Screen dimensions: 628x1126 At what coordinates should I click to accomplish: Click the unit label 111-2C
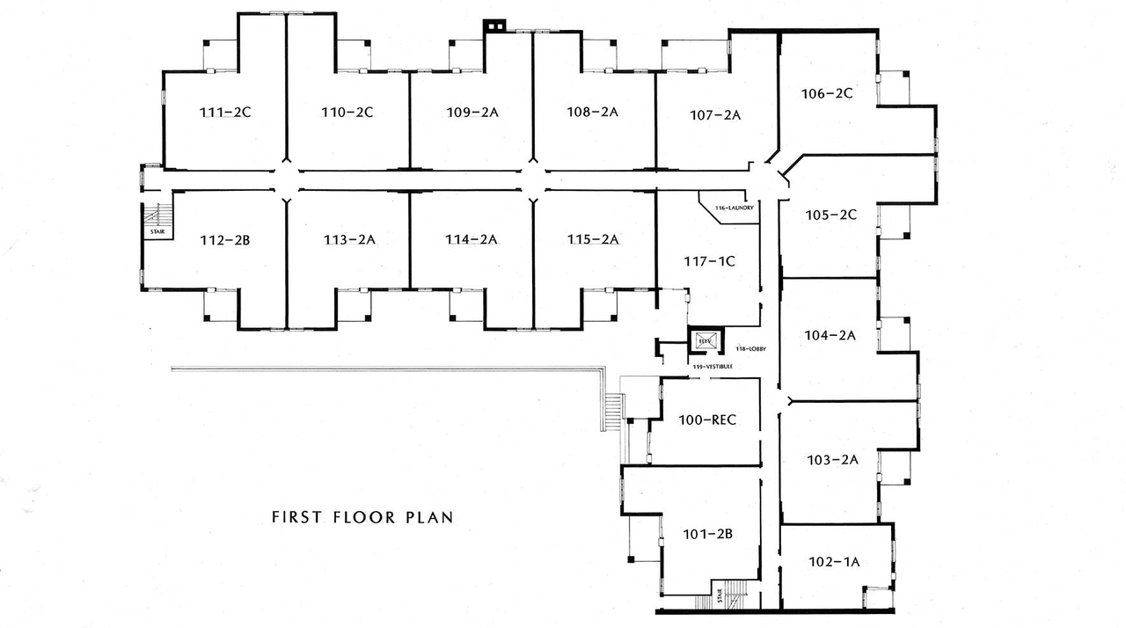coord(226,113)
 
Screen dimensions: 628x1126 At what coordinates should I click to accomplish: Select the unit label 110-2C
coord(347,113)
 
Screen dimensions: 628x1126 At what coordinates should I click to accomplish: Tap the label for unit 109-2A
coord(472,113)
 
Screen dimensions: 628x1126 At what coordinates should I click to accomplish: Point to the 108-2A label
coord(593,113)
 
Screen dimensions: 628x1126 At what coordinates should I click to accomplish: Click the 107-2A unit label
coord(715,115)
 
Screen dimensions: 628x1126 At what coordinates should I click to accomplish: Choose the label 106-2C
coord(827,93)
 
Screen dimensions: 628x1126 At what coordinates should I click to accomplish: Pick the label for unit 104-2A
coord(830,335)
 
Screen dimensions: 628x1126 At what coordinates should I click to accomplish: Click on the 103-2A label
coord(832,459)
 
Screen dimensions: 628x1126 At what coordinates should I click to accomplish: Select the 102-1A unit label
coord(833,561)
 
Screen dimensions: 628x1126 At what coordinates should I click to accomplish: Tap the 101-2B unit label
coord(708,534)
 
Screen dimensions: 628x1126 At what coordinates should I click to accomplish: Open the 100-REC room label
coord(707,420)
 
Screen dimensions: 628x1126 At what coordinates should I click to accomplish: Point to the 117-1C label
coord(709,261)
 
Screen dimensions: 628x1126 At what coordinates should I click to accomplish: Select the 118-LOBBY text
coord(752,349)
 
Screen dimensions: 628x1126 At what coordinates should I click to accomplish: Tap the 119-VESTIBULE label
coord(712,366)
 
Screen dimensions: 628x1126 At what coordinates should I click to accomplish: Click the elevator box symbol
coord(704,340)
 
